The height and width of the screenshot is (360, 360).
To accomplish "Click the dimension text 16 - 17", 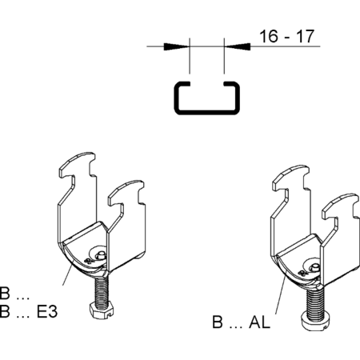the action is click(286, 36).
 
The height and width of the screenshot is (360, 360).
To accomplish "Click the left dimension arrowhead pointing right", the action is click(177, 46).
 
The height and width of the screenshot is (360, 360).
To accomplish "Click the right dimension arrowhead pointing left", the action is click(238, 46).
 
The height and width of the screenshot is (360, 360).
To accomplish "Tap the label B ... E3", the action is click(29, 311).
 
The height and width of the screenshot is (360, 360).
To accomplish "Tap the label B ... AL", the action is click(241, 322).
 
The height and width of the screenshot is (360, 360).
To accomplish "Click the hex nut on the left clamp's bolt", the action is click(102, 311).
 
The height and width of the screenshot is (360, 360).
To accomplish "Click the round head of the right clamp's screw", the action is click(316, 322).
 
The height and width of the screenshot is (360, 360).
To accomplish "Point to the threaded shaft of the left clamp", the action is click(102, 290).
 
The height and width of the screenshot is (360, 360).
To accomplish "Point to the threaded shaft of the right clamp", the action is click(316, 302).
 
